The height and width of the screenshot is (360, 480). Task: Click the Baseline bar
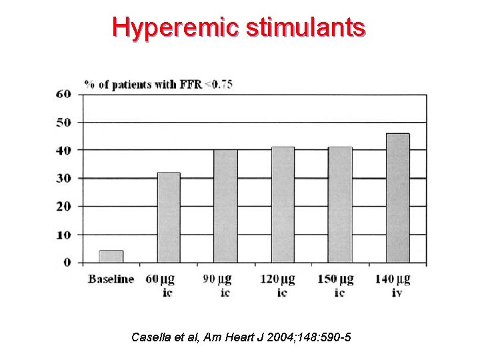click(x=111, y=257)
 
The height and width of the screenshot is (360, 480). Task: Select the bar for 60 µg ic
click(x=169, y=217)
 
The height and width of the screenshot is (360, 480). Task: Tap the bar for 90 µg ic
click(x=225, y=206)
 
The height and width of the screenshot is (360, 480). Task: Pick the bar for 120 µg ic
click(x=283, y=205)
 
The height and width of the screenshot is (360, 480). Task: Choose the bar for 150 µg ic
click(x=340, y=205)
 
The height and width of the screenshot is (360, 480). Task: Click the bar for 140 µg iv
click(x=398, y=198)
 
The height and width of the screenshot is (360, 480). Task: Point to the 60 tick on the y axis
click(x=63, y=94)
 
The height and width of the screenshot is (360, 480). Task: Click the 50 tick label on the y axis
click(x=63, y=123)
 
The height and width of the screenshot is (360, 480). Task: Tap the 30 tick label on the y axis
click(x=63, y=179)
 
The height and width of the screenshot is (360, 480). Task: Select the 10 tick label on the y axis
click(x=63, y=235)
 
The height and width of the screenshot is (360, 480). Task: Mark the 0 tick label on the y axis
click(x=67, y=263)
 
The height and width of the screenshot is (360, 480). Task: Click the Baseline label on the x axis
click(x=111, y=279)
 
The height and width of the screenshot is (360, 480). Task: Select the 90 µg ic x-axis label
click(x=225, y=285)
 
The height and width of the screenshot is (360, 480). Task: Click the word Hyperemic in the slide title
click(x=176, y=27)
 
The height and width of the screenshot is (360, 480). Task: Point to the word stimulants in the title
click(x=306, y=27)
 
